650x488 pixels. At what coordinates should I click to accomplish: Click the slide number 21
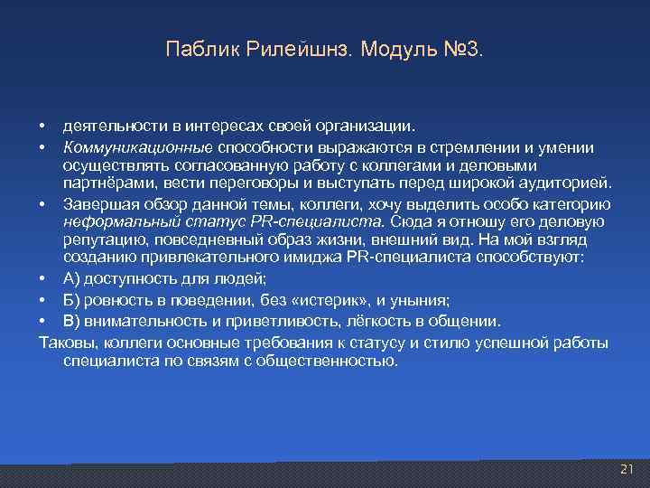(628, 469)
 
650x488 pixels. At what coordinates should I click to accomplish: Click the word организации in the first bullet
(366, 126)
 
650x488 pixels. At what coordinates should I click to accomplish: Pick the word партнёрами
(104, 184)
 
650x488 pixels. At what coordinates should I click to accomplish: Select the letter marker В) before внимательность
(71, 322)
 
